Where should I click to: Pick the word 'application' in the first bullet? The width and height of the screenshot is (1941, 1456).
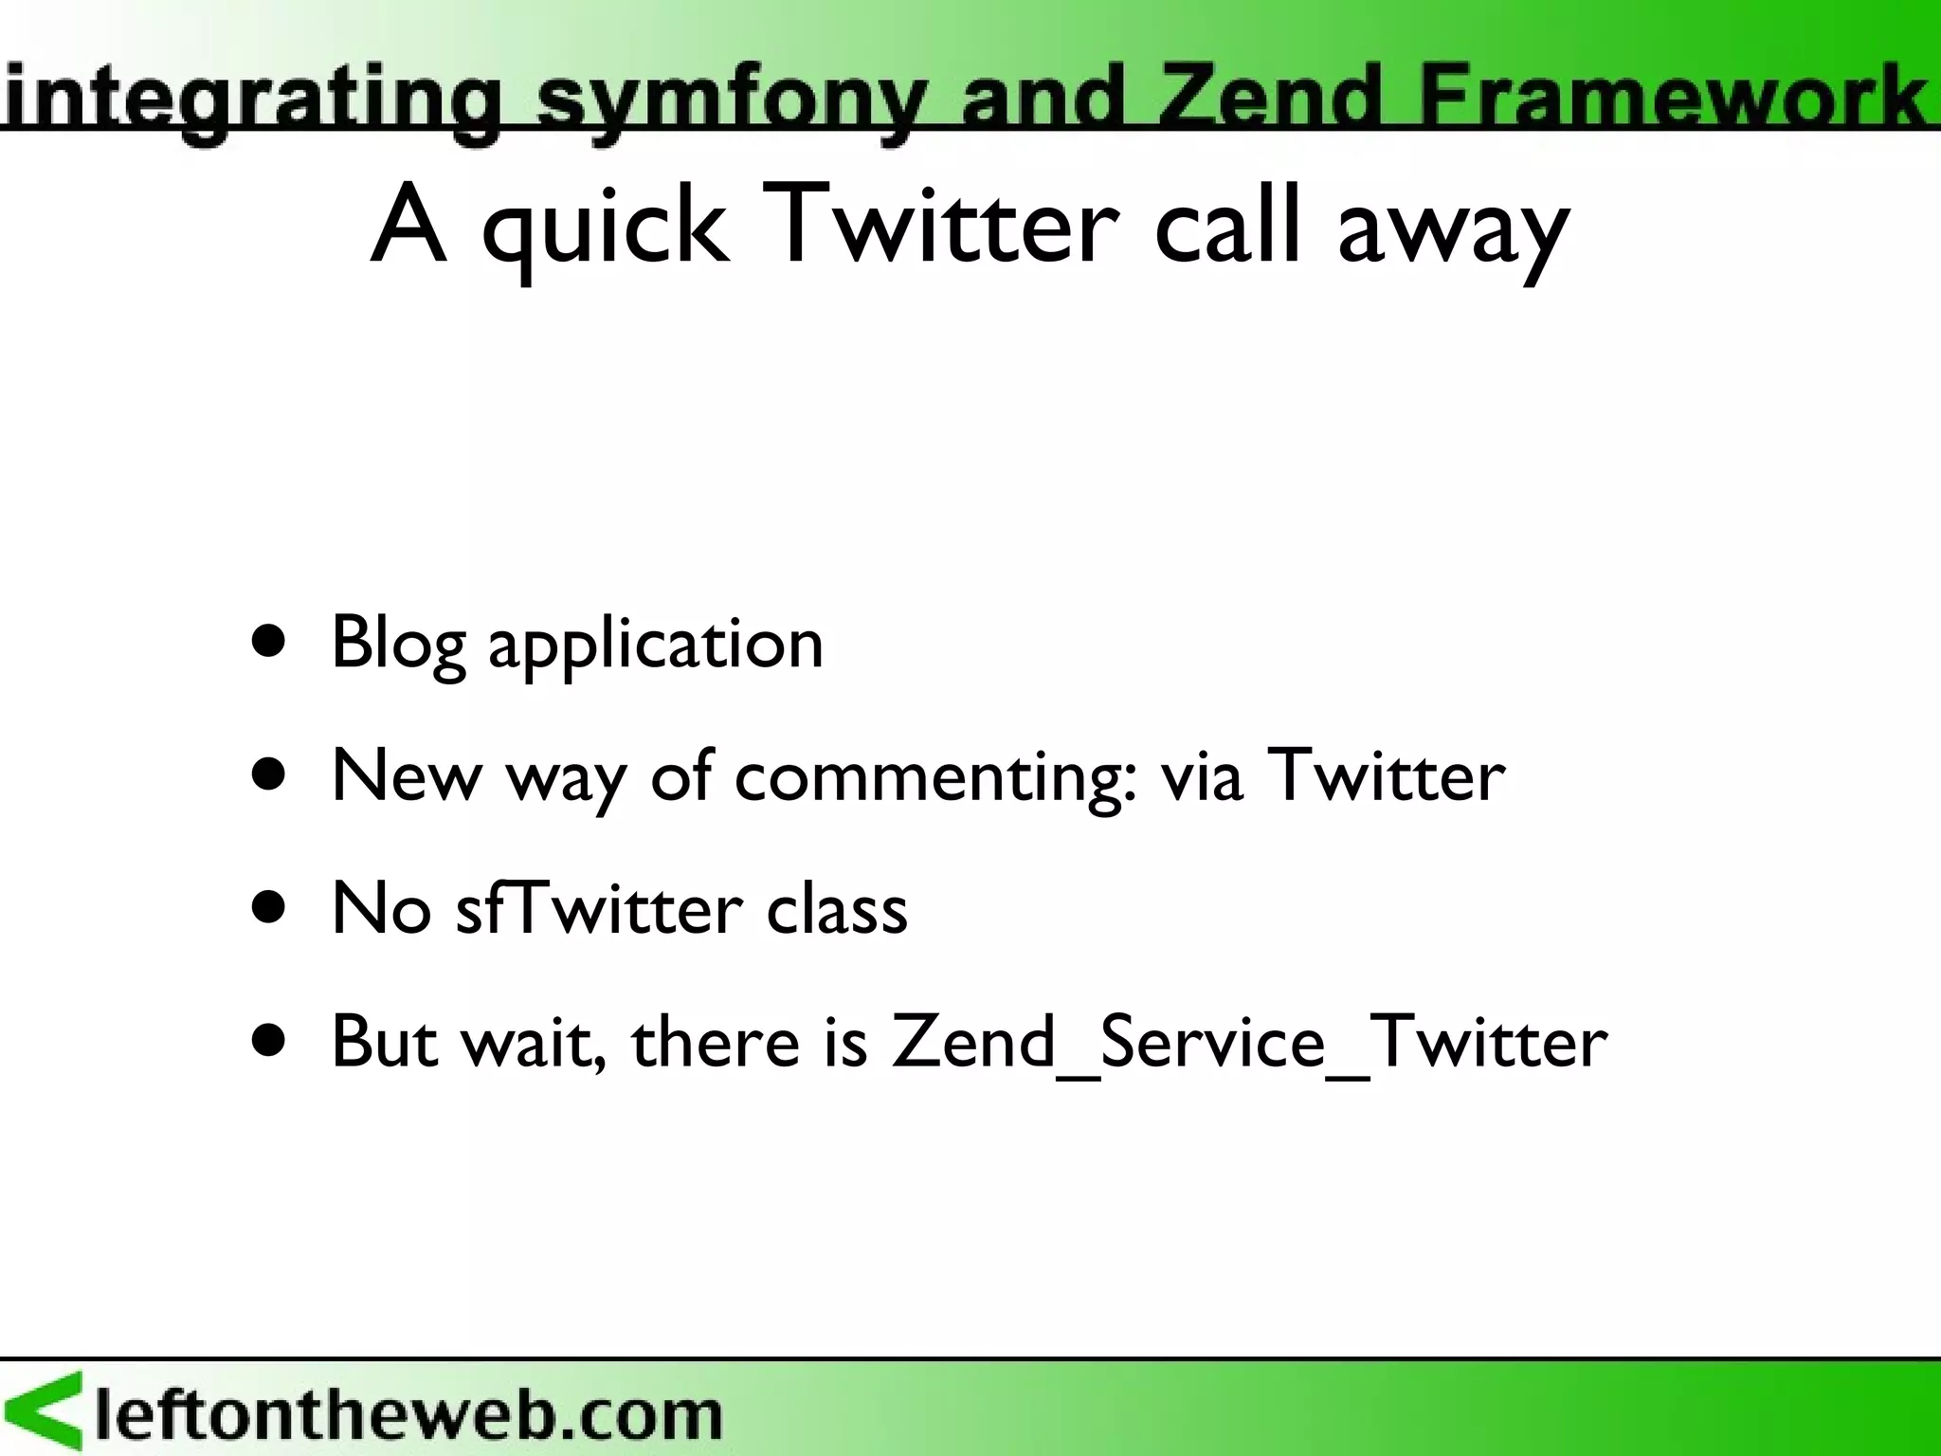click(x=656, y=646)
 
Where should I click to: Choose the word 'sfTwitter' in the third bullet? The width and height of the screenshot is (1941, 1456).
click(x=599, y=909)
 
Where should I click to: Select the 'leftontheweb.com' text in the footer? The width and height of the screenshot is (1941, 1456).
click(x=408, y=1414)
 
